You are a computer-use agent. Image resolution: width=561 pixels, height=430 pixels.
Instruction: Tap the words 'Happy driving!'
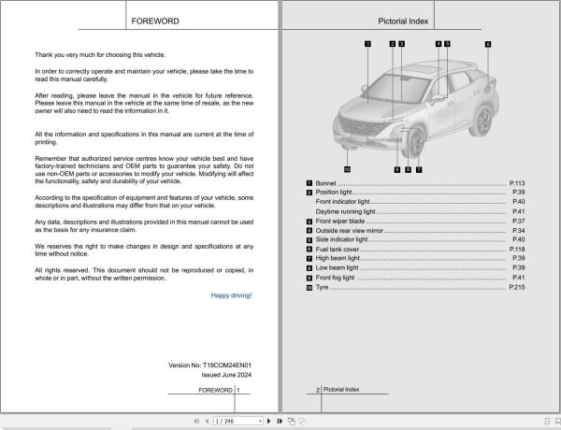(x=231, y=295)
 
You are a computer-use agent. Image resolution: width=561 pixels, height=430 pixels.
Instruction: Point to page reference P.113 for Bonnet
(x=518, y=182)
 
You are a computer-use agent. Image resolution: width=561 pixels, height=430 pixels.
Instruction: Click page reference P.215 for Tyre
(x=518, y=287)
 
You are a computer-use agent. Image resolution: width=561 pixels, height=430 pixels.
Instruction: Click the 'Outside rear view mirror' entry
(x=351, y=230)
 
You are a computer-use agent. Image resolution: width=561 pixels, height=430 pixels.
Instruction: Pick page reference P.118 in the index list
(x=518, y=250)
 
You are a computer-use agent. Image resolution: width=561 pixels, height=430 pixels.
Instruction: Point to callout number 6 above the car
(x=487, y=44)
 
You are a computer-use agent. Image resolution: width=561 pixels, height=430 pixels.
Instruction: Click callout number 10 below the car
(x=346, y=169)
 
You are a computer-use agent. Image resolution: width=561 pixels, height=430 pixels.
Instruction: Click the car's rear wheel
(x=484, y=119)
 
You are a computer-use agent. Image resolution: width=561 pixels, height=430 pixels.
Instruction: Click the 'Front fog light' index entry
(x=336, y=278)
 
